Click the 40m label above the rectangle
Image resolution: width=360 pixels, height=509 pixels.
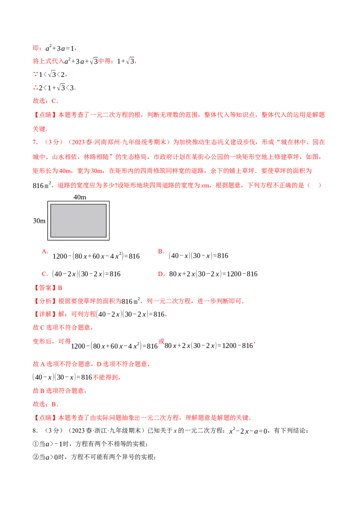click(x=80, y=197)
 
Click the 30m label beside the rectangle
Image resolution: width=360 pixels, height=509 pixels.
click(x=39, y=221)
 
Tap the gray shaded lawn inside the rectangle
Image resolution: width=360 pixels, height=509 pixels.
click(x=78, y=220)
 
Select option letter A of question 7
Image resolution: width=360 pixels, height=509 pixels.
click(x=45, y=251)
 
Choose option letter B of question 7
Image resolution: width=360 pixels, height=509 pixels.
click(x=161, y=251)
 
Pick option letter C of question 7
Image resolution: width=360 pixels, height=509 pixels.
click(x=45, y=274)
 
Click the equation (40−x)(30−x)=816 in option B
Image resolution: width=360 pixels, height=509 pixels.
click(x=198, y=256)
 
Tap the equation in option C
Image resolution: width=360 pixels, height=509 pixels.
click(x=86, y=274)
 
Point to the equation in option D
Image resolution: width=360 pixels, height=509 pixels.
click(x=213, y=274)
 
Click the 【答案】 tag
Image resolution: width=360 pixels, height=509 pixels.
click(x=45, y=288)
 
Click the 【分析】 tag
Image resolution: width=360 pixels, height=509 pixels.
click(x=45, y=301)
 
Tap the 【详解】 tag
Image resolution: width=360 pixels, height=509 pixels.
click(x=45, y=314)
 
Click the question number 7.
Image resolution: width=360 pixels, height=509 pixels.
click(x=35, y=142)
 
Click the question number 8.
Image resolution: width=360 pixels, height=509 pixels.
click(x=35, y=431)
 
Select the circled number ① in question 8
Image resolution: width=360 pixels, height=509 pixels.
click(x=36, y=444)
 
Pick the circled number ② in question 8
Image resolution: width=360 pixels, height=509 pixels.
click(x=36, y=457)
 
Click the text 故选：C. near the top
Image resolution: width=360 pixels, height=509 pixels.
click(x=45, y=101)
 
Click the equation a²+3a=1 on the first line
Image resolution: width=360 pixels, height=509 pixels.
click(x=60, y=49)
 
